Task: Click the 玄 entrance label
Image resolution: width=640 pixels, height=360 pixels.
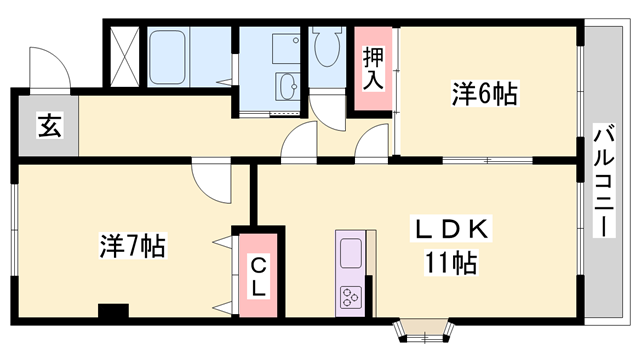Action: (x=47, y=126)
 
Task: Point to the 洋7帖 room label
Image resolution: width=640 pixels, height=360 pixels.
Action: (x=132, y=243)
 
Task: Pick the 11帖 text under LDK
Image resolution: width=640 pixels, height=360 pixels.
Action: (x=449, y=264)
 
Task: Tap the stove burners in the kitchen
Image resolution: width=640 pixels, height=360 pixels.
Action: (x=351, y=296)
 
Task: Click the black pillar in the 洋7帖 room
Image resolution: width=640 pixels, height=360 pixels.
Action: (x=113, y=311)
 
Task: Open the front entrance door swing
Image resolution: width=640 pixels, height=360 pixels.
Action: (x=49, y=67)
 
